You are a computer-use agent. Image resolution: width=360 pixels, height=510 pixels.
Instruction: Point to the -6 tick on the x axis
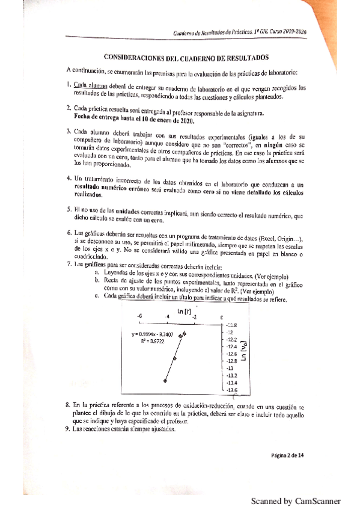139,316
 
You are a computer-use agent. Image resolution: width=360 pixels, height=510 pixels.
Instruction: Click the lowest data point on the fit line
165,380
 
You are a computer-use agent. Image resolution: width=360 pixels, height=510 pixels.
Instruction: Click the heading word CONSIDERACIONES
135,59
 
